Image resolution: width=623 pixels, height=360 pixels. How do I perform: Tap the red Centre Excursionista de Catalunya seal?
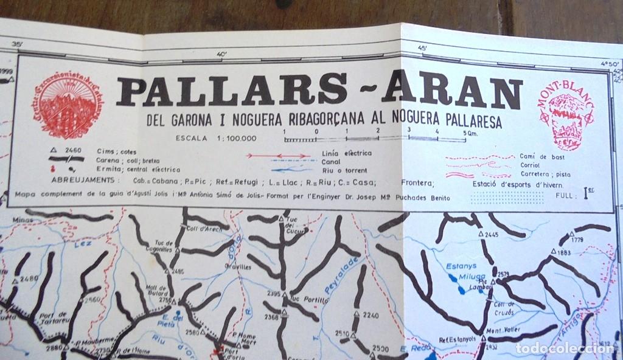tap(67, 105)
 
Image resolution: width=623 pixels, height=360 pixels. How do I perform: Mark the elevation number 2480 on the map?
tap(29, 279)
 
